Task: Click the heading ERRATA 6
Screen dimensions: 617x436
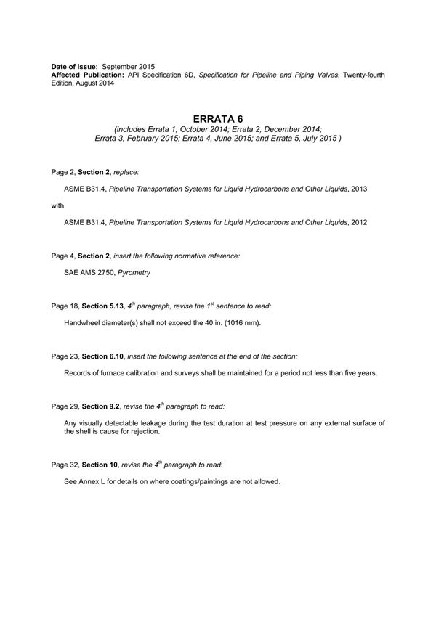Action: [218, 118]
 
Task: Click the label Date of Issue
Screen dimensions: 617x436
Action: [72, 67]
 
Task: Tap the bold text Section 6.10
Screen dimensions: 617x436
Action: [100, 357]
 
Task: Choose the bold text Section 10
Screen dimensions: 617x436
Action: [94, 465]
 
